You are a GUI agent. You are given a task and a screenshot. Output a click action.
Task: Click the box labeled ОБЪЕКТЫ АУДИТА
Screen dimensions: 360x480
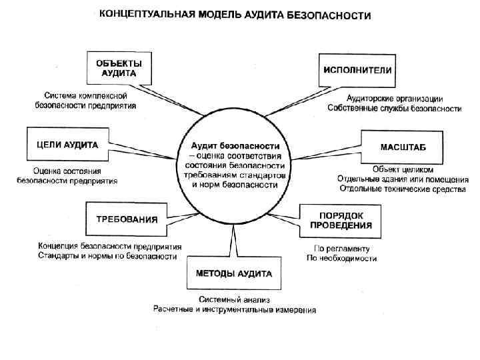pos(118,67)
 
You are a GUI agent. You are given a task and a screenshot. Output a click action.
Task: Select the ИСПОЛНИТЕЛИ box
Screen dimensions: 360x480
pos(357,70)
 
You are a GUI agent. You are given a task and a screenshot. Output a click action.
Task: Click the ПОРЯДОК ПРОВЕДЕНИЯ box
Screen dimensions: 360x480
pos(341,220)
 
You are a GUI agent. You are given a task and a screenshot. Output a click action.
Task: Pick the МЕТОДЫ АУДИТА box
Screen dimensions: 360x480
pos(233,273)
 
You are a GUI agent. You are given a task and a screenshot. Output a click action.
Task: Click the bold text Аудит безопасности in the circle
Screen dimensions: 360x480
pos(233,145)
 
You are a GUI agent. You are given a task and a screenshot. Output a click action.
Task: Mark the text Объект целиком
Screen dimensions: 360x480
pos(397,169)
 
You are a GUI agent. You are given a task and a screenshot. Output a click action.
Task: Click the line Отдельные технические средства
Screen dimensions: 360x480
pos(401,189)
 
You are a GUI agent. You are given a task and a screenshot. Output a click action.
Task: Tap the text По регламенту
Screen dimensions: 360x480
pos(337,249)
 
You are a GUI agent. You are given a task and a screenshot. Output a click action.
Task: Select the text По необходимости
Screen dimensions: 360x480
pos(337,259)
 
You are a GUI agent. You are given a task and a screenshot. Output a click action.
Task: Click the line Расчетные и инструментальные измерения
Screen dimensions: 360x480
pos(234,310)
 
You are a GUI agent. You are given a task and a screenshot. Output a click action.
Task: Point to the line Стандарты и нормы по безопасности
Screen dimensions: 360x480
pos(107,255)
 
